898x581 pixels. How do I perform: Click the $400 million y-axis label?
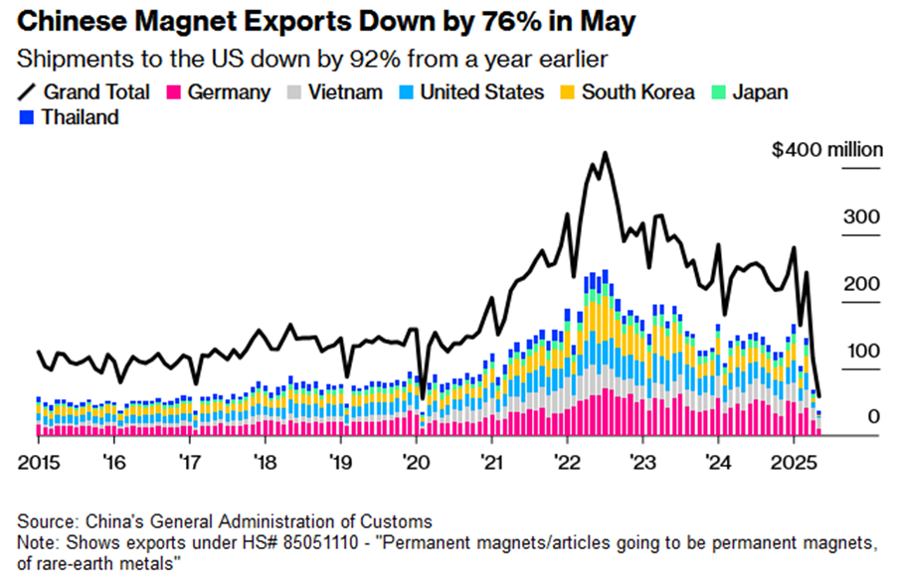tap(827, 150)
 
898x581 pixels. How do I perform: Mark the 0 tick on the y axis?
tap(872, 417)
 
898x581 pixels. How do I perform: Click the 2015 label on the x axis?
tap(39, 462)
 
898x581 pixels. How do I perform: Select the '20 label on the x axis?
tap(415, 462)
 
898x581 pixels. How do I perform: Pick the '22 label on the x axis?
tap(567, 462)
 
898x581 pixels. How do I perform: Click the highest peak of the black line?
tap(605, 154)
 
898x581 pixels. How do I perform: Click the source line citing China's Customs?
tap(225, 520)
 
